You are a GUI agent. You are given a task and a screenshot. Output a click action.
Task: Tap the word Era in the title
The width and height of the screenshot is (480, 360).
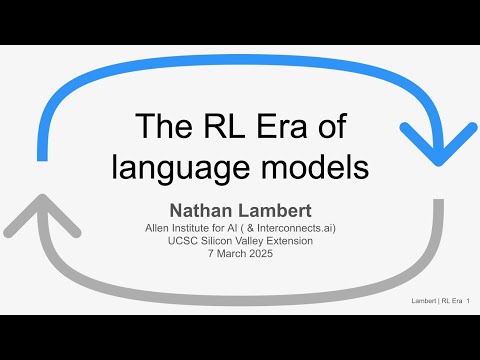pos(284,127)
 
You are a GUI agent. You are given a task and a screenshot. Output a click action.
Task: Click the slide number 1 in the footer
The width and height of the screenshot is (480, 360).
pos(468,300)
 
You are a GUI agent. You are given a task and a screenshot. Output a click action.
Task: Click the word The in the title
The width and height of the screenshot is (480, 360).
pos(159,127)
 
